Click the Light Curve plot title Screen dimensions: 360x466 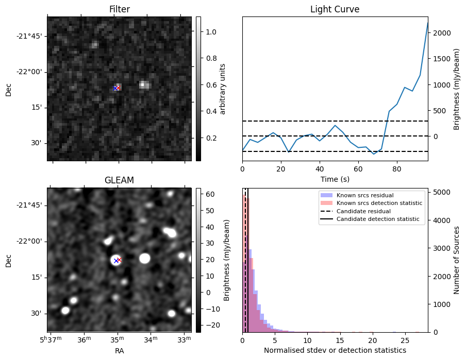335,9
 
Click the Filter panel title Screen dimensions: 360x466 119,9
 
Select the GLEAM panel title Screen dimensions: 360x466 119,180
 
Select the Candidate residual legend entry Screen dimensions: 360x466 363,211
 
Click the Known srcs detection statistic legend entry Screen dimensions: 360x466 379,203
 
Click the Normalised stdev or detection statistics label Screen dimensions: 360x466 335,350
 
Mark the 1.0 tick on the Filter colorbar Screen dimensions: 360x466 211,32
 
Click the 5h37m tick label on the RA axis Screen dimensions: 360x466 52,339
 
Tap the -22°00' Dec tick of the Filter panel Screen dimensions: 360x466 29,72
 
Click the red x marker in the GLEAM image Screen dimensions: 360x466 119,260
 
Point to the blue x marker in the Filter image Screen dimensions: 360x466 115,89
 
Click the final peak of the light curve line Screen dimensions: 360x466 427,23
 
